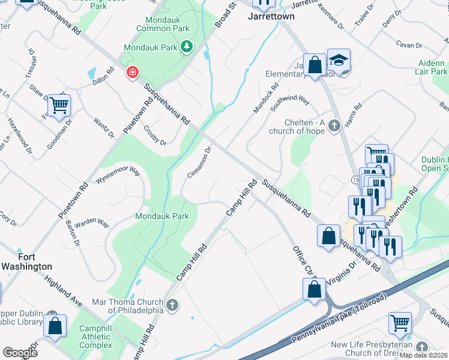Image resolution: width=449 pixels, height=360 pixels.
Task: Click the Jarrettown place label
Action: pos(271,17)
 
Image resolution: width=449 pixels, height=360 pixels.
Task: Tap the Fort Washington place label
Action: pos(26,262)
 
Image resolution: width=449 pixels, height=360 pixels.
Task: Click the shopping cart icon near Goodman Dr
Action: pos(59,106)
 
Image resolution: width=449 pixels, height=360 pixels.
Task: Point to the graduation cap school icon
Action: pos(339,60)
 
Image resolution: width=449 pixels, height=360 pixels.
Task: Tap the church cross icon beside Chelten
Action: pos(335,126)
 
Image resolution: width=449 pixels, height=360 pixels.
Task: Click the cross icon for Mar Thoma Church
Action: pos(172,305)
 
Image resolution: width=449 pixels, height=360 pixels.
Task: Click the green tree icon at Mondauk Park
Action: pos(187,47)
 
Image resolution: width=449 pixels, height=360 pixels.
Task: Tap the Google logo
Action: pos(20,353)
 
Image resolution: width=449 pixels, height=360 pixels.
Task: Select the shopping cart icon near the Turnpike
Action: pos(400,322)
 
